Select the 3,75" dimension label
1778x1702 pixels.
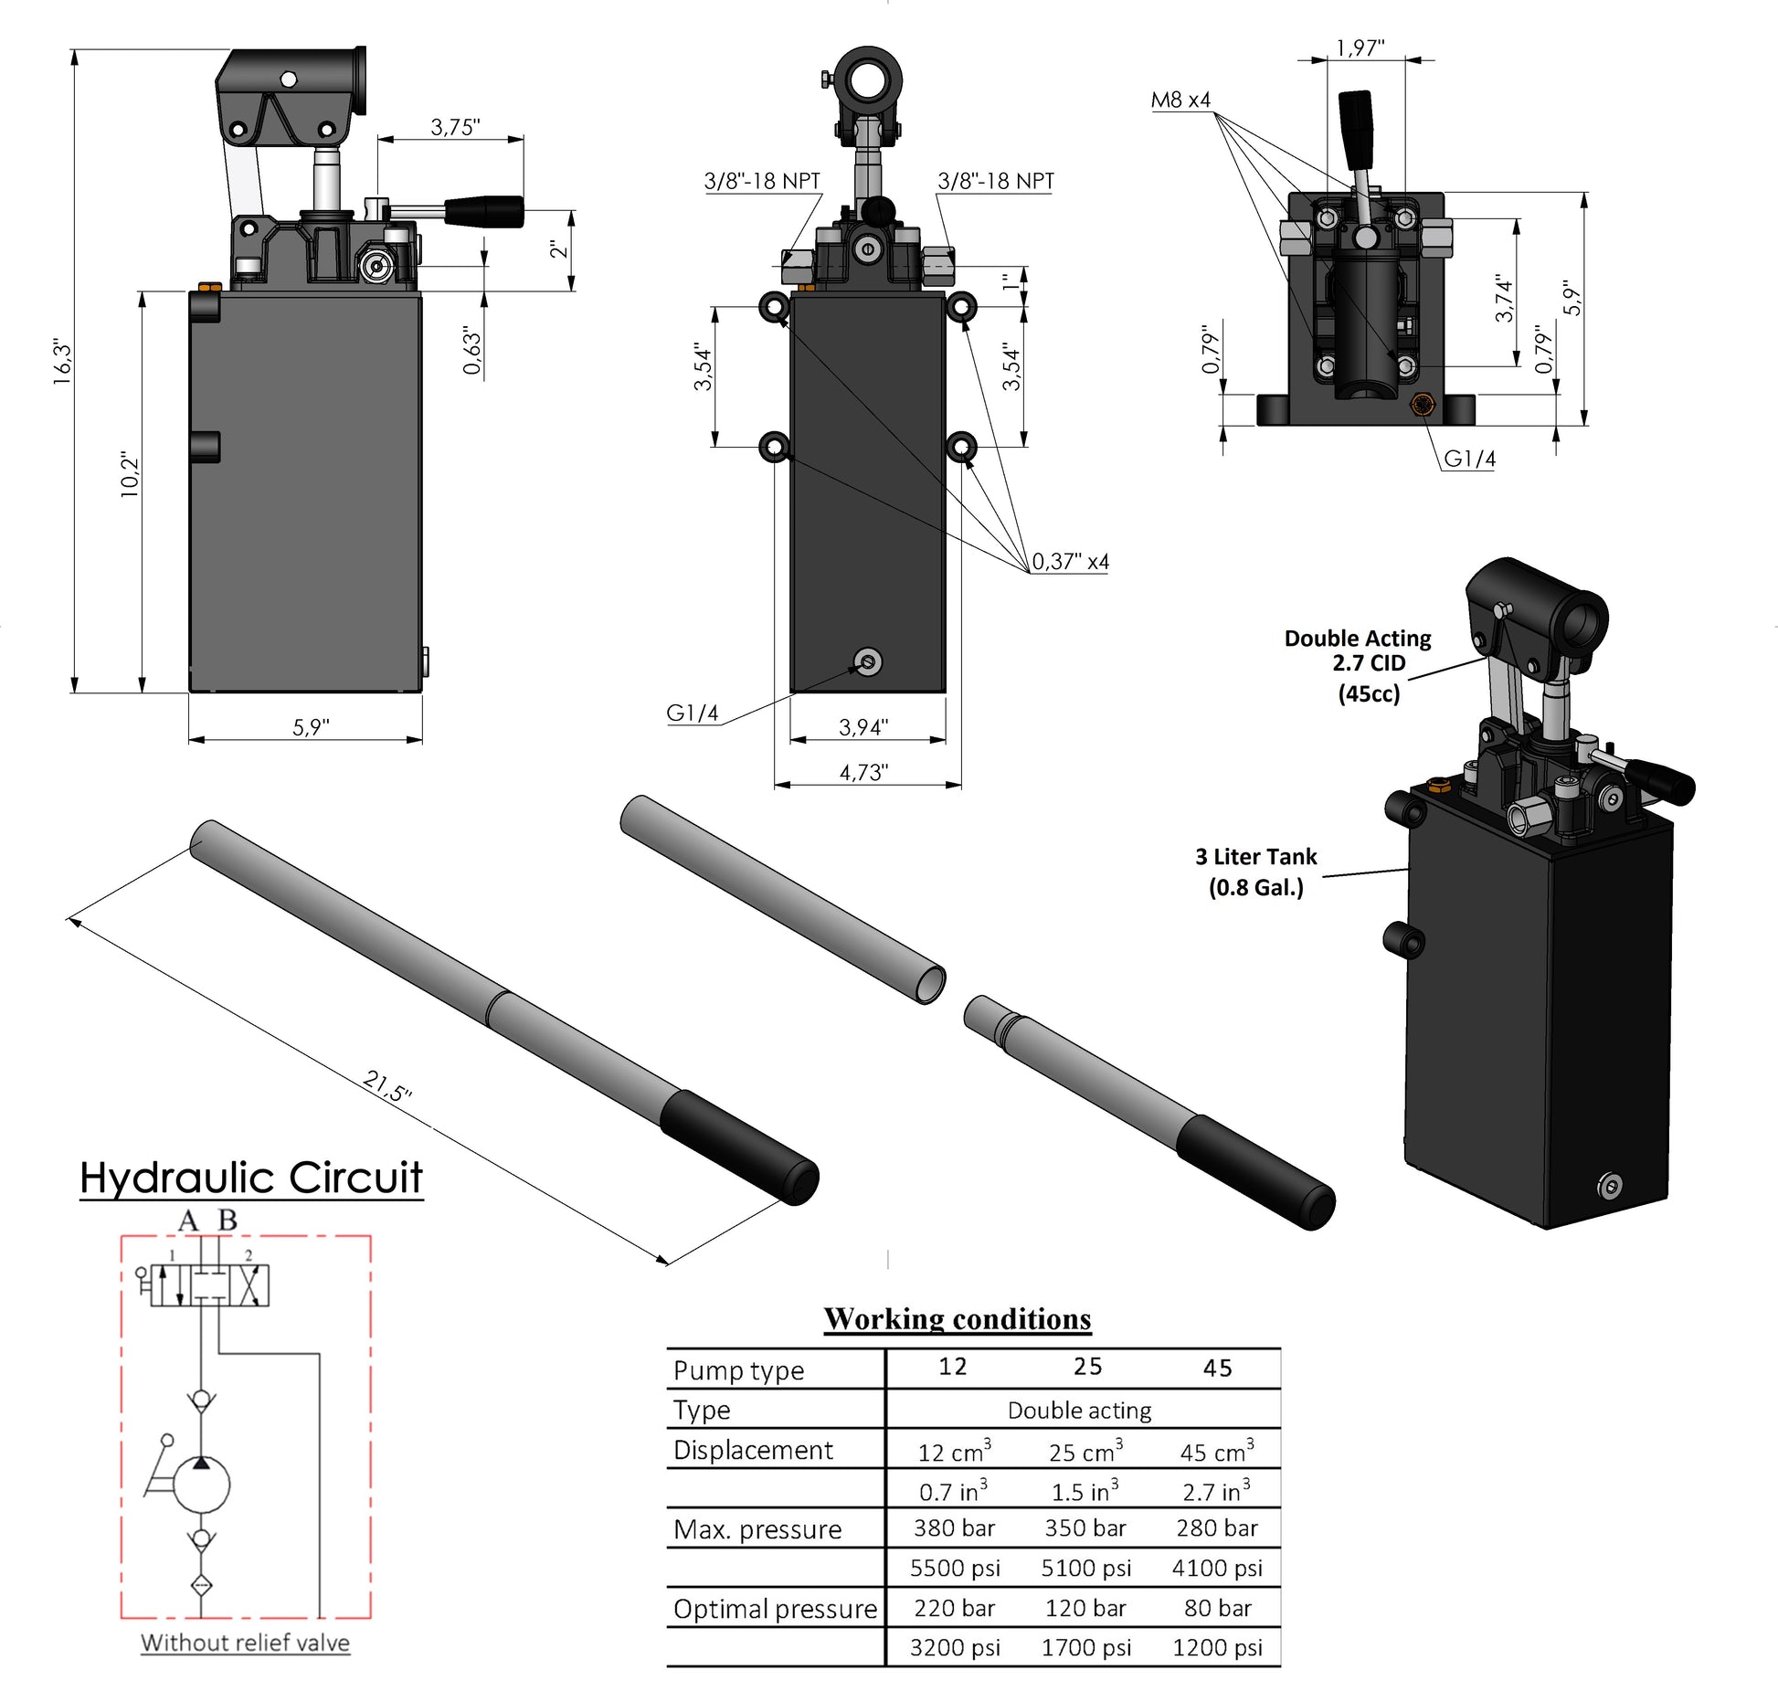455,128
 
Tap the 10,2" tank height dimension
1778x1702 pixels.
131,474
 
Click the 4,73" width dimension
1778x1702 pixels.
863,773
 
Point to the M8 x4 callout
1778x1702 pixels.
1180,100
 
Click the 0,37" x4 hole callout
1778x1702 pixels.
1070,562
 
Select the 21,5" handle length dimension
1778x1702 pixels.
387,1085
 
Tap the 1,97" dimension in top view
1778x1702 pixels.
1360,48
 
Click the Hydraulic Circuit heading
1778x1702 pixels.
251,1179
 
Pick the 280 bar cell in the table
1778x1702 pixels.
1216,1528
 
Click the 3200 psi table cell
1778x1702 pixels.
955,1648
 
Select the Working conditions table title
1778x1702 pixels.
958,1319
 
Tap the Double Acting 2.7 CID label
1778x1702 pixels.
1358,650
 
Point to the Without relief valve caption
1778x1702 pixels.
245,1643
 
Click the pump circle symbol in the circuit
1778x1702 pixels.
202,1485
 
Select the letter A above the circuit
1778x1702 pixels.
188,1221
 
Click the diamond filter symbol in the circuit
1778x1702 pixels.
202,1585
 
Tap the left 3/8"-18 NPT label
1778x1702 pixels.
762,181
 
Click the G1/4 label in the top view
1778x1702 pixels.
1469,459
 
